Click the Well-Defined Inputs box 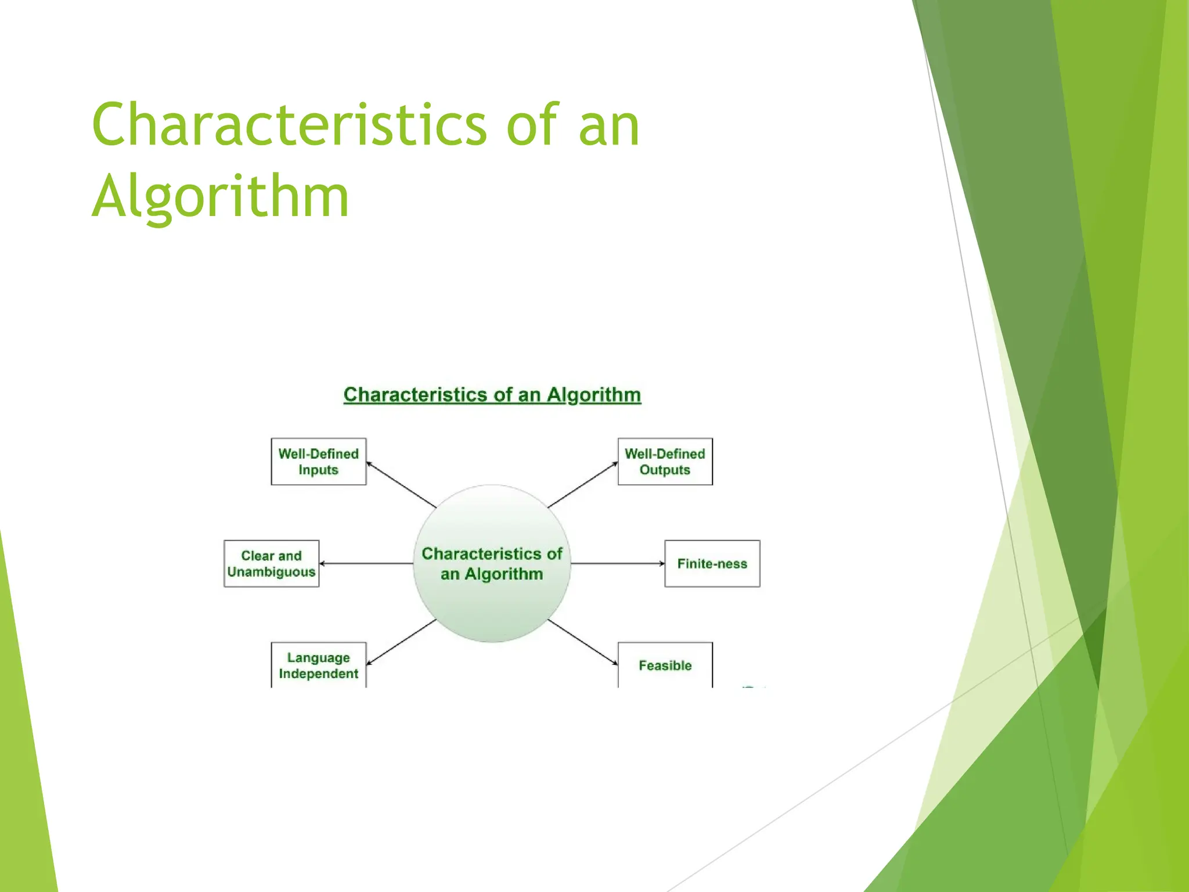point(318,462)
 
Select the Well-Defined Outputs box point(665,462)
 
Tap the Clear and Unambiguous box point(271,563)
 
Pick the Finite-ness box point(712,563)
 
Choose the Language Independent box point(318,666)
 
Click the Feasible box point(665,666)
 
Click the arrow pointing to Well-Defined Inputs point(401,484)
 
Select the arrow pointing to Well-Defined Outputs point(583,484)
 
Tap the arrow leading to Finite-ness point(618,563)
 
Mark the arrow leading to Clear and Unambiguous point(366,563)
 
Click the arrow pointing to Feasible point(583,642)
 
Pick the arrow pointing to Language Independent point(401,642)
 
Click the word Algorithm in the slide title point(221,196)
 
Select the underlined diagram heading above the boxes point(492,395)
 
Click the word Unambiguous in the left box point(271,572)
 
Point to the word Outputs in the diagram point(665,470)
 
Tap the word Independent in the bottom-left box point(318,674)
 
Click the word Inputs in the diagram point(318,470)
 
